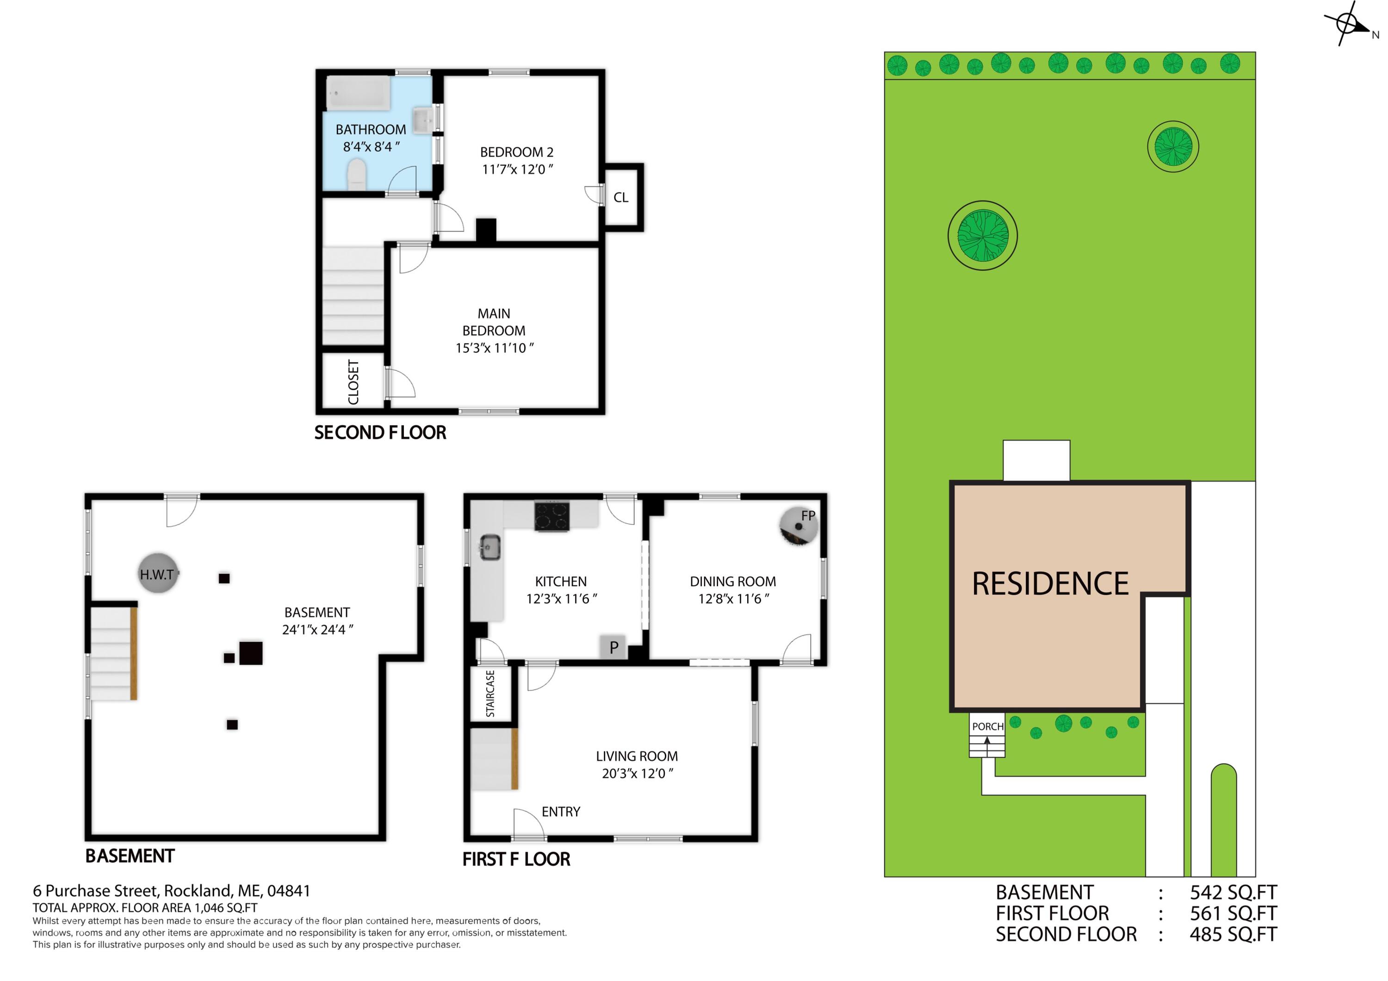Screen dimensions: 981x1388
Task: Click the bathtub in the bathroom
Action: (359, 93)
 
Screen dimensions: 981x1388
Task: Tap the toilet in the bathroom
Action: (357, 175)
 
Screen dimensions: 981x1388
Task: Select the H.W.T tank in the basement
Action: (158, 572)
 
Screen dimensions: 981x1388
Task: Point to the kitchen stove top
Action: (551, 517)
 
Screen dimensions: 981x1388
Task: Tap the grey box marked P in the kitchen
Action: (613, 647)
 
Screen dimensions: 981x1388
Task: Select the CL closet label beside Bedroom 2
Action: (621, 198)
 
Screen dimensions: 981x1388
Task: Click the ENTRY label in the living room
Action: (560, 812)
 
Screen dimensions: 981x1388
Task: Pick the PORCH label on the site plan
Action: (987, 726)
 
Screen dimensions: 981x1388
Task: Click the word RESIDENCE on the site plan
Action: (1050, 584)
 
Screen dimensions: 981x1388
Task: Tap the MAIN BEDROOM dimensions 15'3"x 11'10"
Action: (495, 348)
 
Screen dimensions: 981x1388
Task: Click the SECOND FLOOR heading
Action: (380, 433)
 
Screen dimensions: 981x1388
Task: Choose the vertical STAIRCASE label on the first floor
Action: (490, 693)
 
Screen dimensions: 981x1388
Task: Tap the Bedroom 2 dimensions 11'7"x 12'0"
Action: (517, 169)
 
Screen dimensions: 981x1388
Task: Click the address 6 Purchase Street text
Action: (172, 891)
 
